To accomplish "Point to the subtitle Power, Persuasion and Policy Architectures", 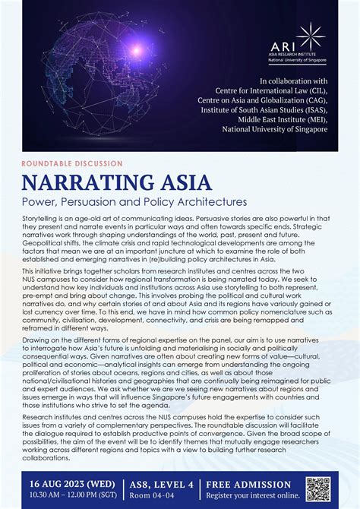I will pyautogui.click(x=134, y=202).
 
